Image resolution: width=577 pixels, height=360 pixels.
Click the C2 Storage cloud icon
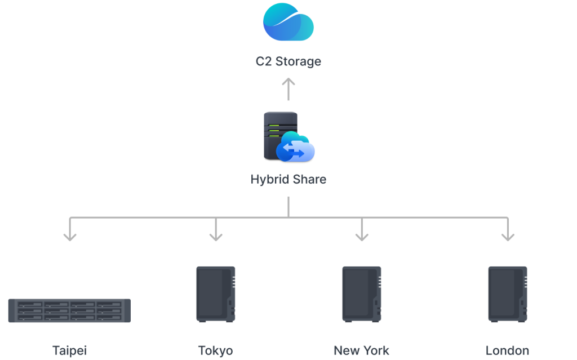(x=288, y=22)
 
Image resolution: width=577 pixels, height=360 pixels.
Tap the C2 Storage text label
(x=288, y=61)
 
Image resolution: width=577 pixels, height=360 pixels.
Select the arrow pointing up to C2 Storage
(x=288, y=89)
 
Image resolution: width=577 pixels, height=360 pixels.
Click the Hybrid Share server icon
(x=289, y=137)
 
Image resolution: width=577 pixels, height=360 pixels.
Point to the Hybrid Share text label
(x=288, y=179)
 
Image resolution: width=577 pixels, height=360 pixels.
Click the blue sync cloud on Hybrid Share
(x=295, y=147)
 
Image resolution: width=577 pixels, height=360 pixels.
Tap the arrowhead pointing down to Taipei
(x=70, y=236)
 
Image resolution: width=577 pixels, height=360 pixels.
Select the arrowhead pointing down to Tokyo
(x=216, y=236)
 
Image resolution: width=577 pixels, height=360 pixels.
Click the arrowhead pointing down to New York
(x=362, y=236)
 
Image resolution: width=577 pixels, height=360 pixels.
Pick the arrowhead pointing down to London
(x=508, y=236)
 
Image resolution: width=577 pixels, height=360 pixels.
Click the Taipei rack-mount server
(x=69, y=310)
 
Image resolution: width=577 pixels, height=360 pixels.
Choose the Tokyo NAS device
(x=216, y=294)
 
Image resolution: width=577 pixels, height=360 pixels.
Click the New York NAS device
(x=362, y=294)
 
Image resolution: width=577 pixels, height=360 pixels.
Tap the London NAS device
(x=508, y=294)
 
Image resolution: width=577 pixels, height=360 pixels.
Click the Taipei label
(x=69, y=350)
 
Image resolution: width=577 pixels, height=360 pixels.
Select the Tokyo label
(x=216, y=350)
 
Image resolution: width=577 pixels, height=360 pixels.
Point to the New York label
(x=361, y=350)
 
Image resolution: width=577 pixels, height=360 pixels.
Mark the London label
(x=508, y=350)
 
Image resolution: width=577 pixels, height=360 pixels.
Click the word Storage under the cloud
(x=299, y=61)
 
